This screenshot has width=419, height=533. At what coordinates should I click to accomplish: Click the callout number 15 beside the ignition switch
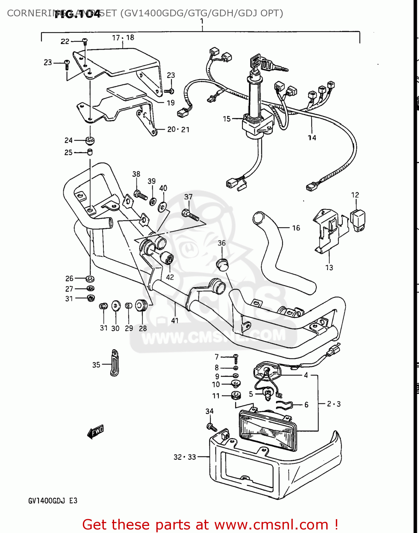tap(227, 119)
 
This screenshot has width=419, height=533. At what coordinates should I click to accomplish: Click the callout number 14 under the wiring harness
tap(312, 138)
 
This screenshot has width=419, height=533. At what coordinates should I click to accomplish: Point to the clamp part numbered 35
tap(114, 363)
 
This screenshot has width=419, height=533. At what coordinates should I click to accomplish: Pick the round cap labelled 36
tap(222, 264)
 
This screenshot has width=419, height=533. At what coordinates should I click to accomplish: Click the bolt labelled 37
tap(190, 215)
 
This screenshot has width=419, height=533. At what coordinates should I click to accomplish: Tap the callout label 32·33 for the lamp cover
tap(184, 457)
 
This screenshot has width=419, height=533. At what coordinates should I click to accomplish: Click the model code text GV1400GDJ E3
tap(53, 501)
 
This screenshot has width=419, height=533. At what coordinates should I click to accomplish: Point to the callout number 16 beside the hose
tap(296, 228)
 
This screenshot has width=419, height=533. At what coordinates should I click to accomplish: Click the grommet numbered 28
tap(141, 305)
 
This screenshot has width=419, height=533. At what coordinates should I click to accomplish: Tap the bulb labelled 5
tap(267, 393)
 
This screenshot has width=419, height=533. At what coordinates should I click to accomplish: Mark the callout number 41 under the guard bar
tap(174, 321)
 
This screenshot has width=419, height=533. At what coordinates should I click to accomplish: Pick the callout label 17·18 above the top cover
tap(123, 38)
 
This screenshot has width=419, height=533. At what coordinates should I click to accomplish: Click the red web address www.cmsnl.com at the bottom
tap(272, 524)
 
